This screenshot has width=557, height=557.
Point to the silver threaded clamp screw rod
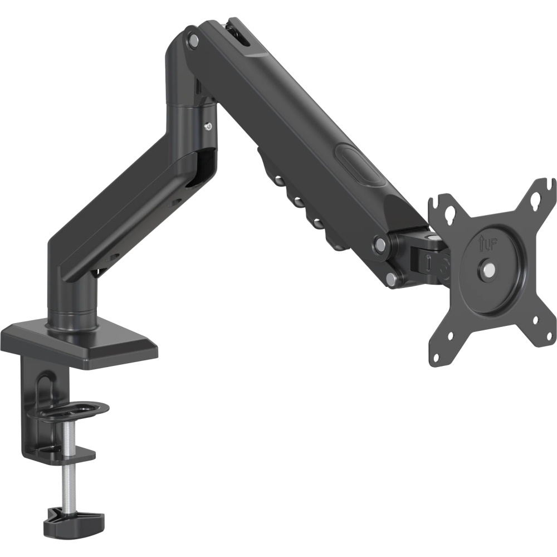coord(66,463)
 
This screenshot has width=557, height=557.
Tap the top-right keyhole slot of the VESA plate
coord(536,199)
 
